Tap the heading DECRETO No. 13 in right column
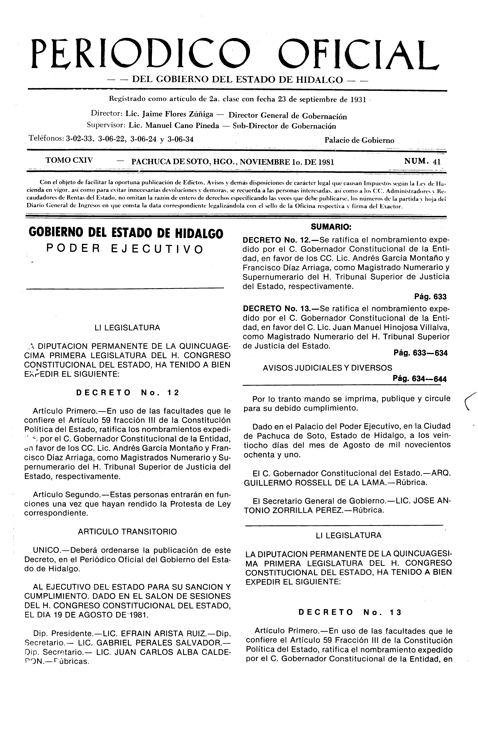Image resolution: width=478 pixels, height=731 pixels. click(350, 612)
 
